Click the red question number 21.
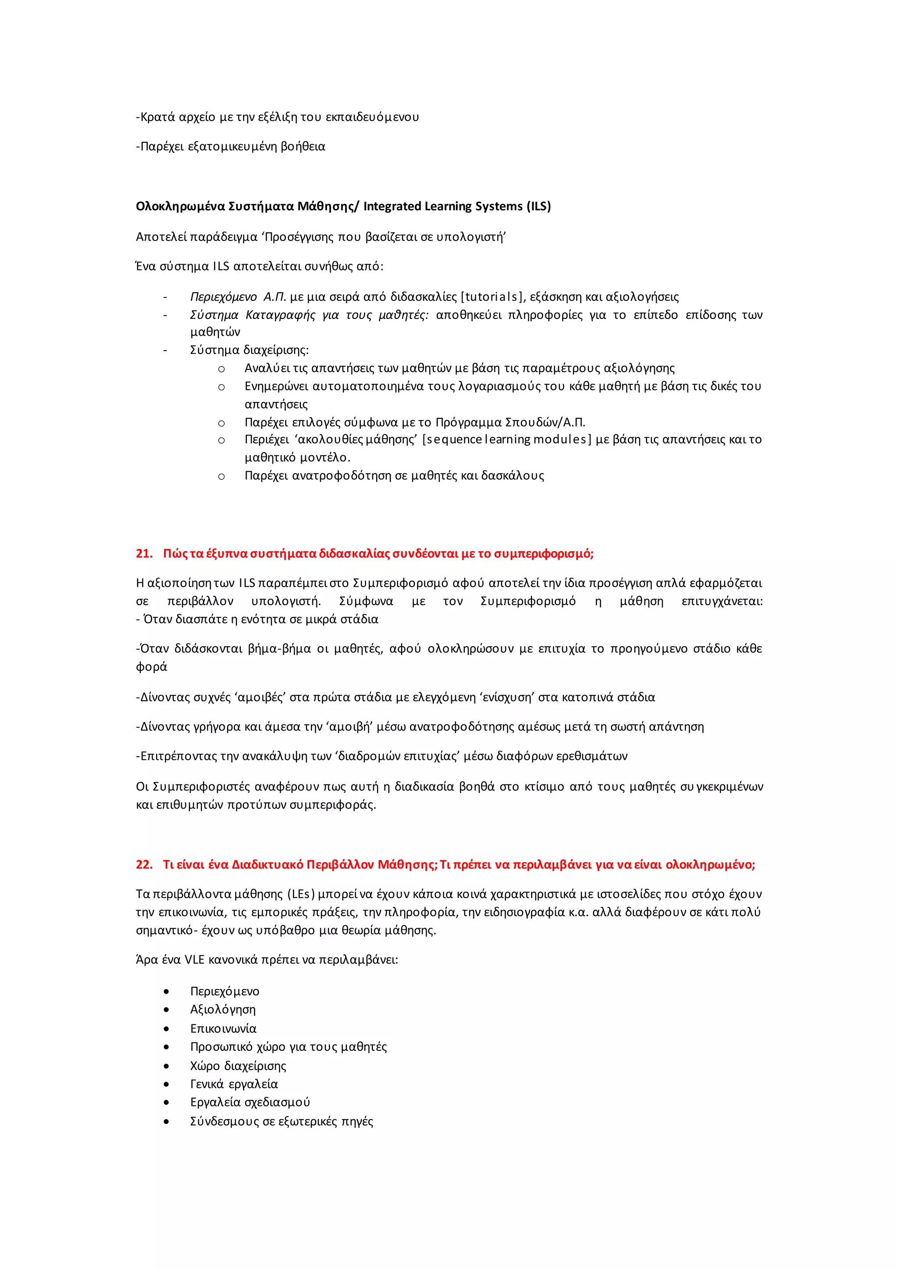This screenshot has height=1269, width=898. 144,554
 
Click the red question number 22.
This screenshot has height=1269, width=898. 144,865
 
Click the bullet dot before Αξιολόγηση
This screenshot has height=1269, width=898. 166,1010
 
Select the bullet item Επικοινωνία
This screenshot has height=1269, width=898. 223,1028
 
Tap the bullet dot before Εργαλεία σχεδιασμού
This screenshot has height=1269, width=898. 166,1102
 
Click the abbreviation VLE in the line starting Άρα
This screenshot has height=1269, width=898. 195,960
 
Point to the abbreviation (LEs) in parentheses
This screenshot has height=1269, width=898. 301,894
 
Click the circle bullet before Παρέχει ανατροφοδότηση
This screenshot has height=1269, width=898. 221,476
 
